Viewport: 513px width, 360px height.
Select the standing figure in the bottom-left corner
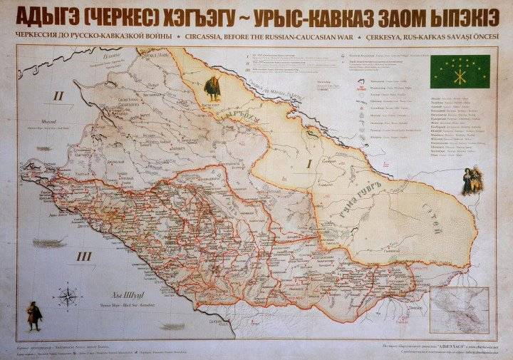[33, 314]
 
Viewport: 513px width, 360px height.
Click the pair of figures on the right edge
[470, 181]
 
